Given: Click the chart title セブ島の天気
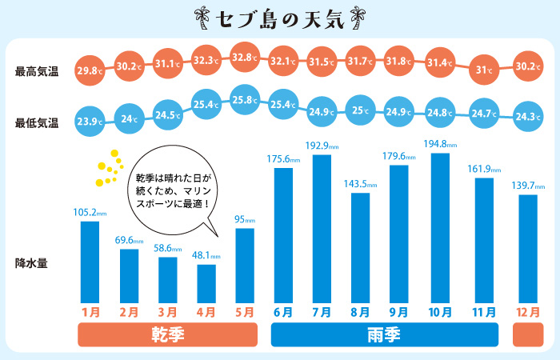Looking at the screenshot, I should pyautogui.click(x=279, y=18).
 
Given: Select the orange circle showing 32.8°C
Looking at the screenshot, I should pyautogui.click(x=246, y=58).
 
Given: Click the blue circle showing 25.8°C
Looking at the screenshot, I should pyautogui.click(x=246, y=100).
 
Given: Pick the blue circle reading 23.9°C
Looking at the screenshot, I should pyautogui.click(x=90, y=122).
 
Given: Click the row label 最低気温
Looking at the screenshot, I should pyautogui.click(x=37, y=123).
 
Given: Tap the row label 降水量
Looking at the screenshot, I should pyautogui.click(x=32, y=262).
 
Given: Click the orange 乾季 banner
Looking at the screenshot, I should pyautogui.click(x=166, y=335).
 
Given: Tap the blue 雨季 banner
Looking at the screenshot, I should pyautogui.click(x=385, y=335).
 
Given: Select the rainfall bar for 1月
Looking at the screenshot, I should pyautogui.click(x=90, y=261).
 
